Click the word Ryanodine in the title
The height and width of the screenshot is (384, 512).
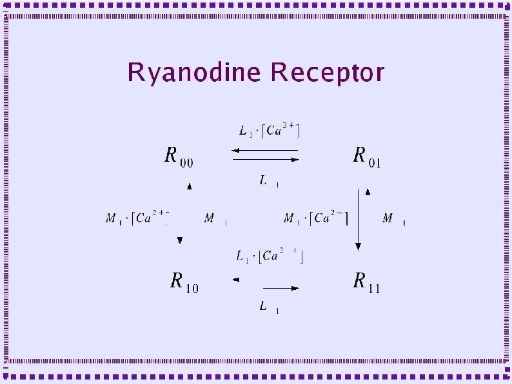point(194,73)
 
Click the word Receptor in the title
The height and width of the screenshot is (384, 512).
point(328,73)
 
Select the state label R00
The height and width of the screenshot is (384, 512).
point(178,157)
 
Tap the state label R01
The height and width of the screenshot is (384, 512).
point(366,157)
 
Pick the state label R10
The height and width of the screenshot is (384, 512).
point(184,282)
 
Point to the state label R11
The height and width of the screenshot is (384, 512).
point(366,282)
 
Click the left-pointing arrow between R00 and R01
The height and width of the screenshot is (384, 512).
point(264,151)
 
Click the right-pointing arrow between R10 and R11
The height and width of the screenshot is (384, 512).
point(281,287)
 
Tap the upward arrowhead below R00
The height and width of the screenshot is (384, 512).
point(189,186)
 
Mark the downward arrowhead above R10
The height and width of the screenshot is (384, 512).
point(180,240)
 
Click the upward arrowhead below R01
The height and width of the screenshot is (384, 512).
point(368,191)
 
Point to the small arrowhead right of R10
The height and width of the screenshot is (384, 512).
point(236,280)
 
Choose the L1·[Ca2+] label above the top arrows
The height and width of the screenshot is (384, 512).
point(270,131)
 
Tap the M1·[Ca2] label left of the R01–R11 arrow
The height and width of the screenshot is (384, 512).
point(316,219)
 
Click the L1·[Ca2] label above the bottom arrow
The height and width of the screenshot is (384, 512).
point(270,256)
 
